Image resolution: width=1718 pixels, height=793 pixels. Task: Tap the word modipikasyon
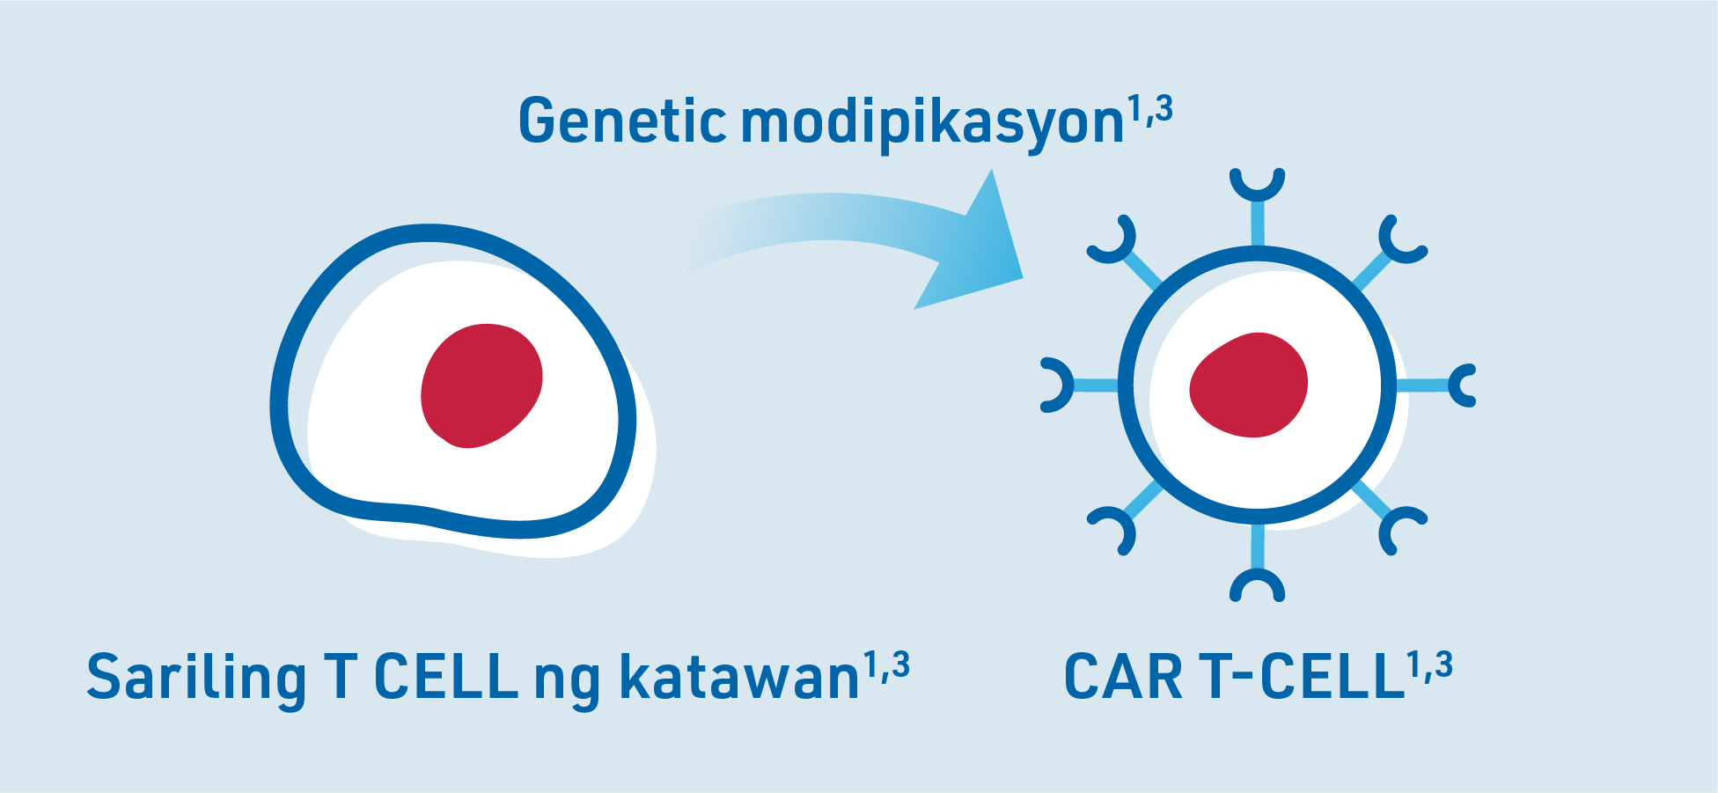(x=933, y=123)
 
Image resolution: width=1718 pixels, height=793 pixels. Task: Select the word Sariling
(x=196, y=677)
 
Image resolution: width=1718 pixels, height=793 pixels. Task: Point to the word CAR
(x=1123, y=677)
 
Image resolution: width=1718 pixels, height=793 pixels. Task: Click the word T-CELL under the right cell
(x=1302, y=677)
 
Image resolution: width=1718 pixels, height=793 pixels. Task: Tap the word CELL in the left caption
(x=445, y=677)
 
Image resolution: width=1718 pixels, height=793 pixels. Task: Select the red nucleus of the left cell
(x=481, y=385)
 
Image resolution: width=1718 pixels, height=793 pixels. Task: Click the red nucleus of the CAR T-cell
(x=1249, y=385)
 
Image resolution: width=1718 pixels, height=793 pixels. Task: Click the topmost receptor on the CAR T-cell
(x=1258, y=206)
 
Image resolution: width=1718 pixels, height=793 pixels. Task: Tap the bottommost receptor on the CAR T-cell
(x=1258, y=563)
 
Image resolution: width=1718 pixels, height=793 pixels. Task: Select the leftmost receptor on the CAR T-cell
(x=1078, y=385)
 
